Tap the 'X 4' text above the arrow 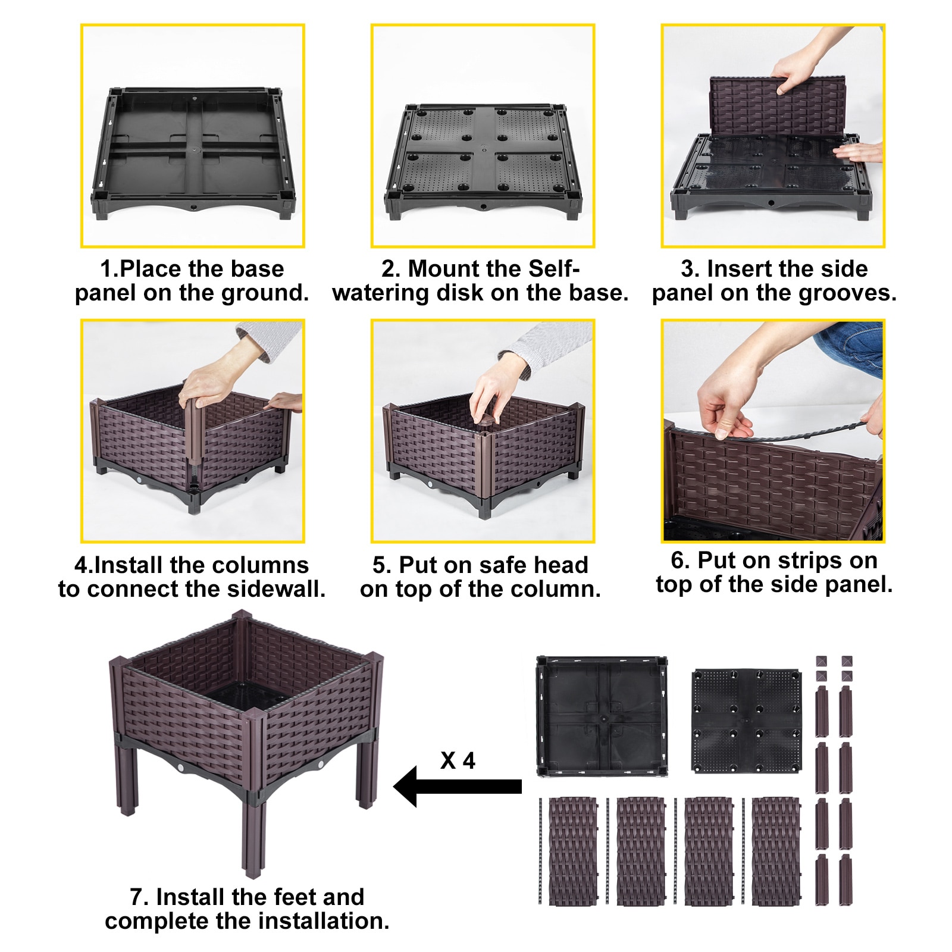pos(458,760)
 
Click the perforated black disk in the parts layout pos(747,721)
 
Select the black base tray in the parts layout pos(601,716)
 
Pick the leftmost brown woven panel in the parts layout pos(572,851)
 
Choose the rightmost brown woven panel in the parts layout pos(776,851)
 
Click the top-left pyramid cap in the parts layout pos(821,662)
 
